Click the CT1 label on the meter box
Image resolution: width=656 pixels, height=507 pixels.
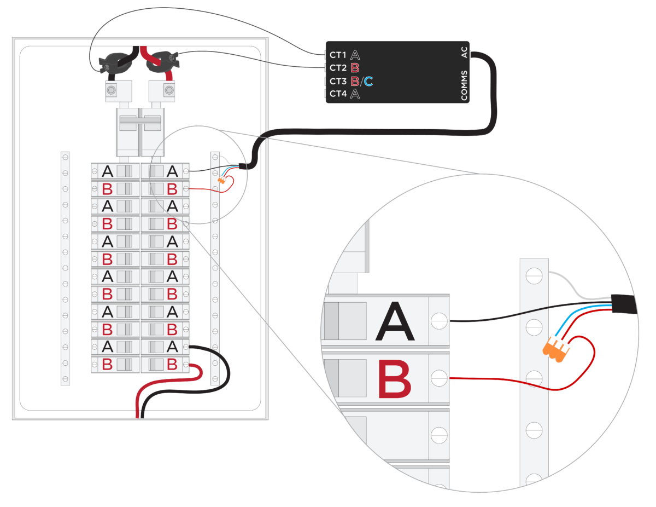click(337, 55)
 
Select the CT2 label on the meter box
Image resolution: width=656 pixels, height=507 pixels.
click(337, 68)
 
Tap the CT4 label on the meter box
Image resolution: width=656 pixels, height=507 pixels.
click(337, 94)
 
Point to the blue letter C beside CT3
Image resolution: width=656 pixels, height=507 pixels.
click(368, 82)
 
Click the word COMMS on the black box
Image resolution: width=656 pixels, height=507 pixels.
click(464, 85)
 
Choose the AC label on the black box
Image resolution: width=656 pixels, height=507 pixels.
click(464, 53)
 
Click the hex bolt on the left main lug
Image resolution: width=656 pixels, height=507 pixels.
click(112, 90)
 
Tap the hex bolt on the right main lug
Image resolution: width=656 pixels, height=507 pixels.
click(169, 90)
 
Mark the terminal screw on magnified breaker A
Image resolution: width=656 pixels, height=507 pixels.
click(438, 321)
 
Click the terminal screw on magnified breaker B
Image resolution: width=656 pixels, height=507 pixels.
click(438, 377)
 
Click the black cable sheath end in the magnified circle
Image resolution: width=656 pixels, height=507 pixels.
click(623, 304)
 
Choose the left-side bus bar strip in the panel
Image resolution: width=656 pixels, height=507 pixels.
click(65, 268)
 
